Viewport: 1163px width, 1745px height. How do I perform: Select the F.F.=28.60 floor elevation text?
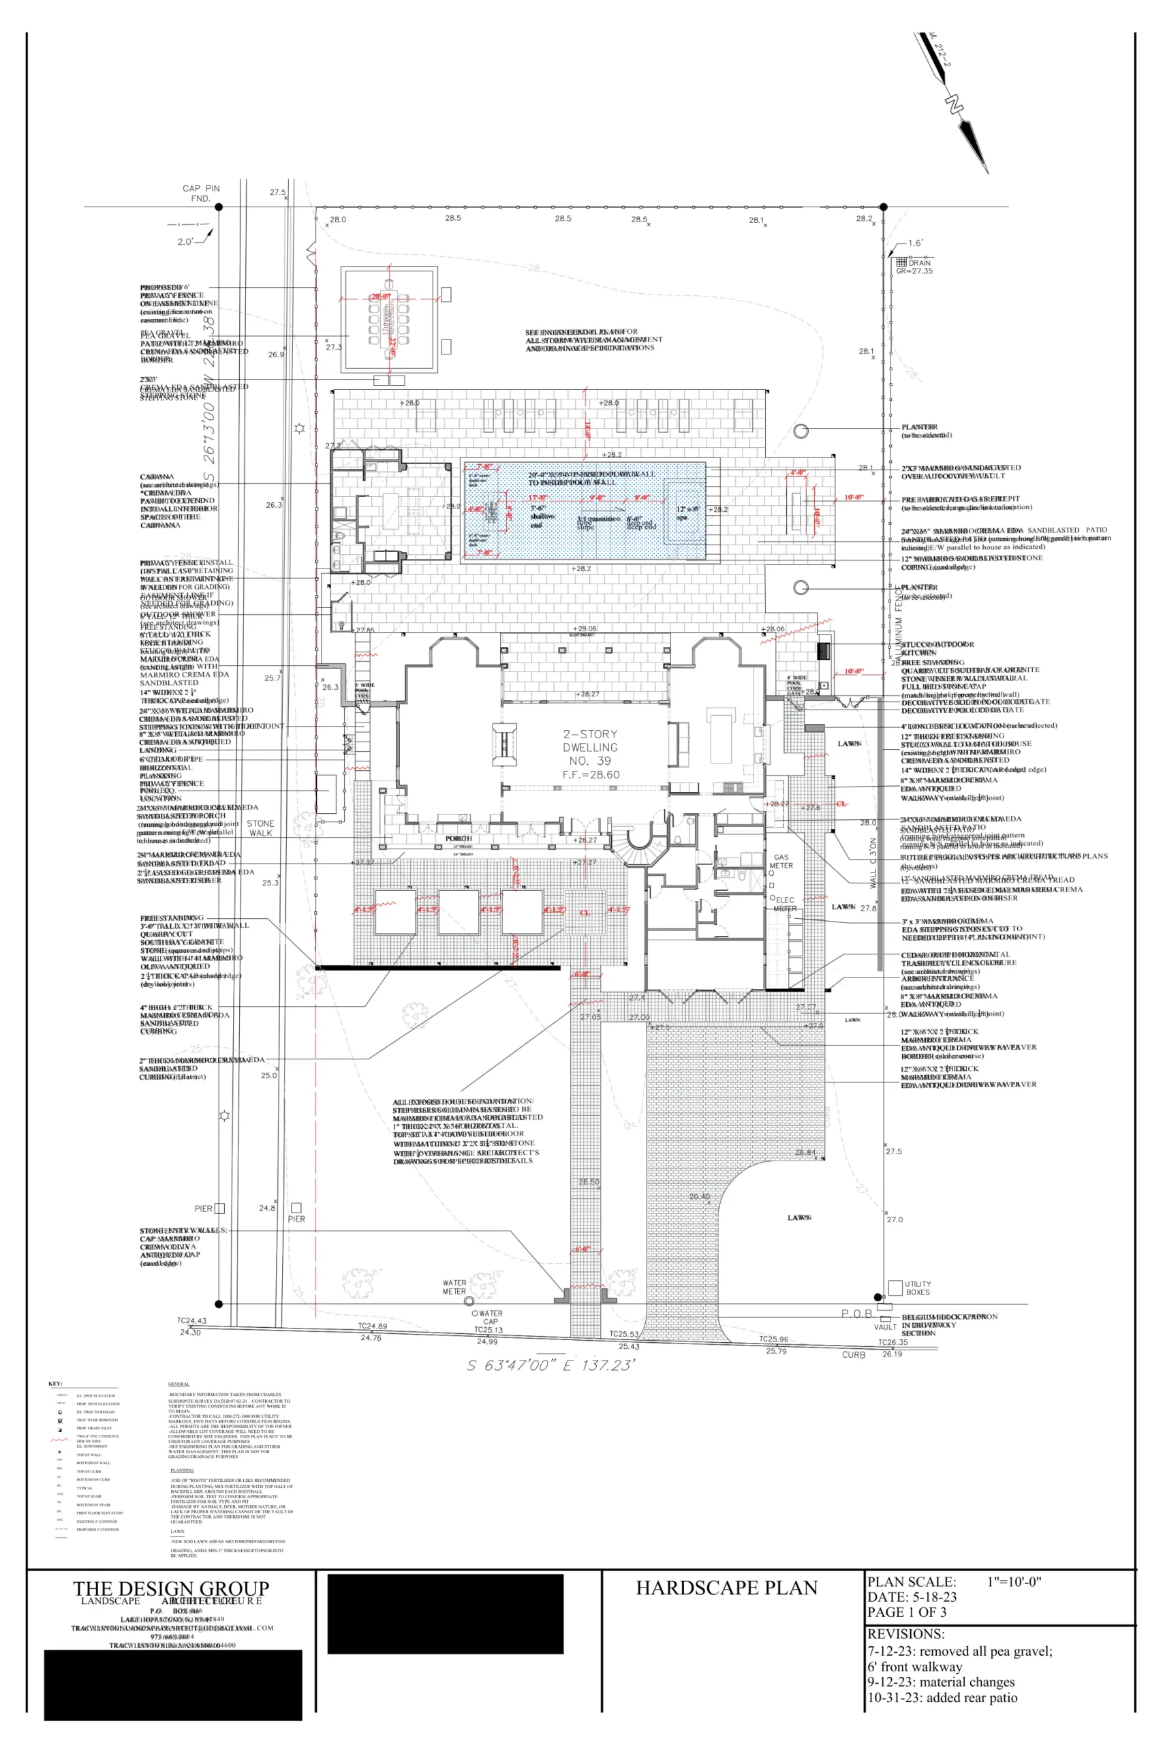point(591,774)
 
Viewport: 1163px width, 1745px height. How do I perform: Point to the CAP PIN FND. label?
point(201,193)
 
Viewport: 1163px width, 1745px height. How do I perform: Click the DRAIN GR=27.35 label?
point(914,267)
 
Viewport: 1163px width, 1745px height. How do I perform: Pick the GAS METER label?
point(781,862)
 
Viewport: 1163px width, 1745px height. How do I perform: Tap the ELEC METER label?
point(784,904)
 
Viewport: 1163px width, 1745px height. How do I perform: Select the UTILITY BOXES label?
point(918,1288)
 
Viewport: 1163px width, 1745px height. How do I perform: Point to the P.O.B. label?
point(856,1314)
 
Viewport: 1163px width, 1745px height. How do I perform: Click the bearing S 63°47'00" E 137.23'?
point(551,1365)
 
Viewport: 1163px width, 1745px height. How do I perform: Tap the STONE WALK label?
point(260,828)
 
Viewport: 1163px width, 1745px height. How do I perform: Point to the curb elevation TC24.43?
point(191,1320)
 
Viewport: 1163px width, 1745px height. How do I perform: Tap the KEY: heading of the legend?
point(55,1384)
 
